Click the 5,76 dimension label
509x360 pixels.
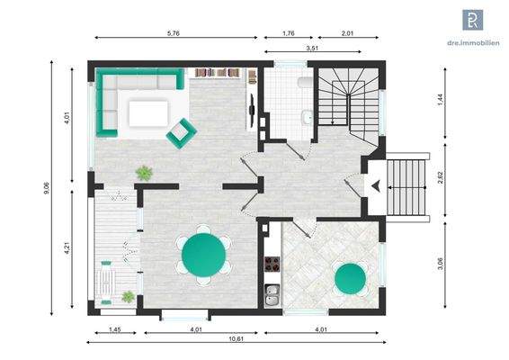(x=173, y=32)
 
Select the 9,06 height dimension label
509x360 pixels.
(x=46, y=189)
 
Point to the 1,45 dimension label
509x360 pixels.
(x=114, y=328)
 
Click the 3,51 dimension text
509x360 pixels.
(x=312, y=47)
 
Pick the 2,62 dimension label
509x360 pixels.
(x=441, y=176)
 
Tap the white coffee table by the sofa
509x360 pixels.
(x=148, y=113)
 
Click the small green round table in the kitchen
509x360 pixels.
(x=350, y=280)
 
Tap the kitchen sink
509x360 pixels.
(x=271, y=293)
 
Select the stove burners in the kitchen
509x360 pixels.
(x=270, y=264)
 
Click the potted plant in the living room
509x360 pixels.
(x=143, y=172)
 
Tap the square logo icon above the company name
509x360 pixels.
(x=471, y=21)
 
